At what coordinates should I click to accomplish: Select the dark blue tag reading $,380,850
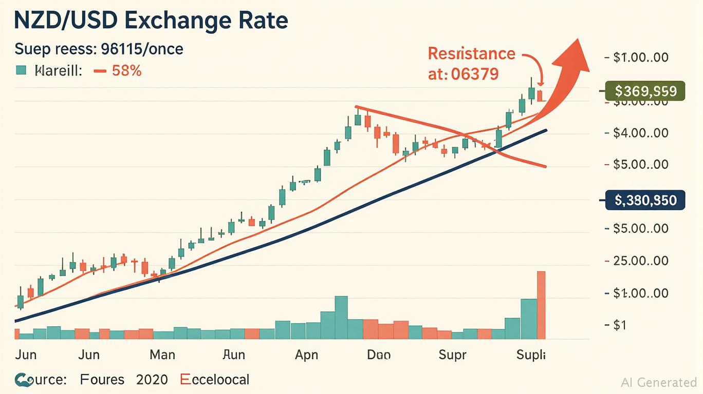point(645,200)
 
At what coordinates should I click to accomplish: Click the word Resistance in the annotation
point(471,53)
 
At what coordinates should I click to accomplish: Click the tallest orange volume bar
point(541,305)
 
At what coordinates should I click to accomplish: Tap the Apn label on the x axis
point(307,354)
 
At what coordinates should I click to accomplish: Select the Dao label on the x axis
point(379,354)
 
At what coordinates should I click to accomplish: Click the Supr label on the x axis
point(452,354)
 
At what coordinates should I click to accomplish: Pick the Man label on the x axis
point(162,354)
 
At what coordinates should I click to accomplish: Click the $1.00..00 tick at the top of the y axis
point(641,57)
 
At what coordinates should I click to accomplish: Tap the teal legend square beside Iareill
point(21,71)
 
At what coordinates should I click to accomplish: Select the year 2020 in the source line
point(152,380)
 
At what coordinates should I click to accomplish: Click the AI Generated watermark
point(659,382)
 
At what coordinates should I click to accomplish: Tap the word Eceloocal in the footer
point(215,380)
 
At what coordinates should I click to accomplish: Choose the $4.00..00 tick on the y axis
point(641,133)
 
